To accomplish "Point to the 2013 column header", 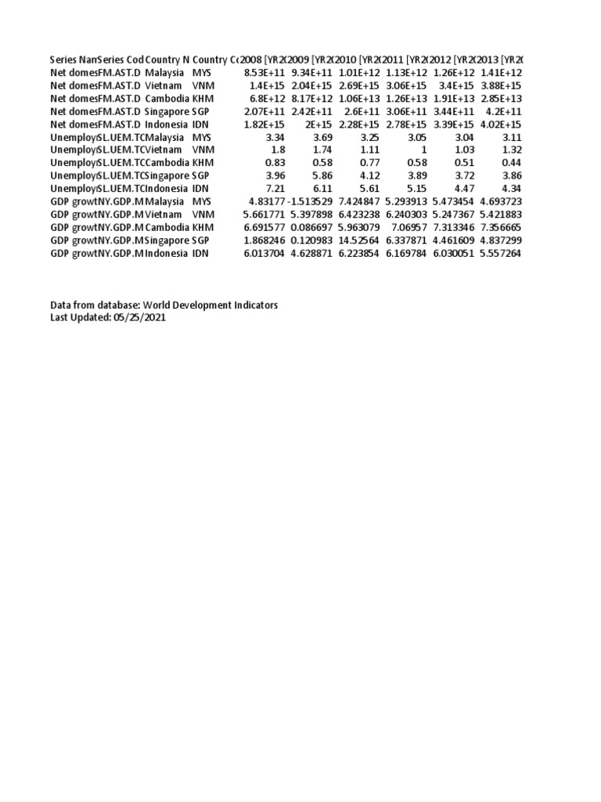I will click(502, 60).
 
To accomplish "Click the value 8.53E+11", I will click(266, 72).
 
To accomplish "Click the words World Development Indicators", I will click(211, 305).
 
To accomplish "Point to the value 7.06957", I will click(408, 227).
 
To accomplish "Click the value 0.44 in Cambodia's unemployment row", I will click(511, 163).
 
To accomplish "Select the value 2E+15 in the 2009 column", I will click(322, 124).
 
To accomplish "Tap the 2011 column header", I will click(406, 60).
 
